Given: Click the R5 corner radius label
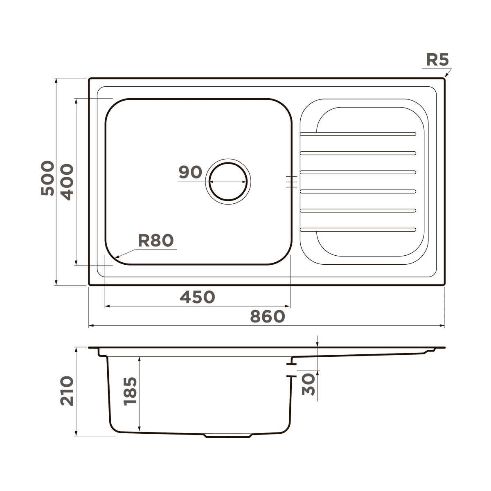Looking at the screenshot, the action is point(437,60).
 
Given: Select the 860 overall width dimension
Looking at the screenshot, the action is point(267,316).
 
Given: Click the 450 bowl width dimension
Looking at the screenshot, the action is point(198,297).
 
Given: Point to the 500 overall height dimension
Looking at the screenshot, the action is point(47,178).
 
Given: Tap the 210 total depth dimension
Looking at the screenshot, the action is point(67,391).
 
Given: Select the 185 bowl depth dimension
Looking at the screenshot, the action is point(130,391).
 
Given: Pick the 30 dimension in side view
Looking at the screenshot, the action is point(308,384).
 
